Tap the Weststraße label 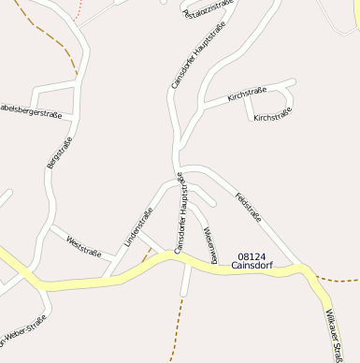pos(84,246)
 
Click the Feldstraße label pos(249,206)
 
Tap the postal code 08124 pos(252,256)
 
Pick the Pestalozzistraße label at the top pos(208,8)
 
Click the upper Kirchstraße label pos(247,94)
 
